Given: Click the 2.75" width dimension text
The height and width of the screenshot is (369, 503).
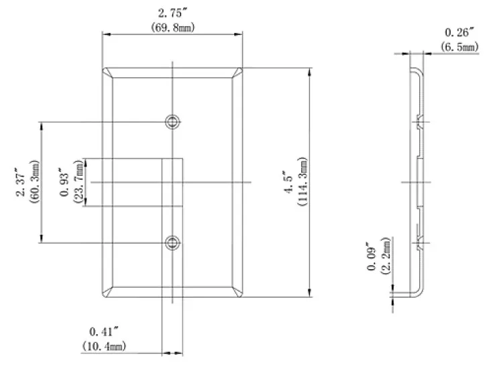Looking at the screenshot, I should click(172, 11).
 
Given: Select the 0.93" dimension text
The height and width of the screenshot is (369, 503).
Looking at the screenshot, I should click(64, 182).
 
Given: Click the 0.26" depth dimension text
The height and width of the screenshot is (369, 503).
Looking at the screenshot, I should click(459, 32).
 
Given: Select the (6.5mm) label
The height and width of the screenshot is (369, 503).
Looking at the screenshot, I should click(459, 46).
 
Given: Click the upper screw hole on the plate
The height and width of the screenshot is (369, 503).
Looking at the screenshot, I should click(173, 121).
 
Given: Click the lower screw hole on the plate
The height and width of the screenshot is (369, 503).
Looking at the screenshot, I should click(173, 243).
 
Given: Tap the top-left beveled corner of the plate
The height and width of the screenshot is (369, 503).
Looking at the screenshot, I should click(107, 73).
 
